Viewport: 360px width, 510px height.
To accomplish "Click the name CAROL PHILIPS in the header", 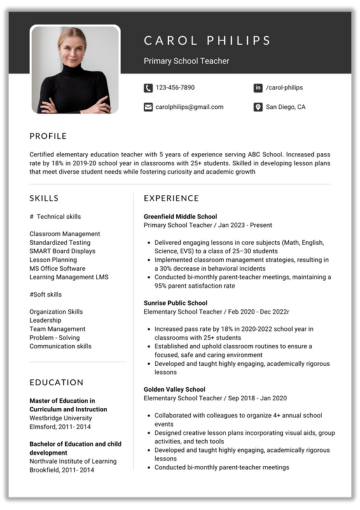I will coord(207,40).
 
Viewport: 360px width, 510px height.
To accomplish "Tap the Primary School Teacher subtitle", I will coord(187,62).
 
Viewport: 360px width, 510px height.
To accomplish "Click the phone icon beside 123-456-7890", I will coord(148,88).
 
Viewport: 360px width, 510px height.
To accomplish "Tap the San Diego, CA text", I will coord(286,106).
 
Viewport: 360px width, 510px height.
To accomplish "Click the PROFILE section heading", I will coord(48,136).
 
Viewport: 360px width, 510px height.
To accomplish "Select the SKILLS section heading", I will coord(44,198).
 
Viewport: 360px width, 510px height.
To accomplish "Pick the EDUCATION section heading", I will coord(56,382).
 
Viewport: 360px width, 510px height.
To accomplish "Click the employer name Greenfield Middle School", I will coord(180,216).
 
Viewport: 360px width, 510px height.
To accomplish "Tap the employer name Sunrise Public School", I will coord(175,302).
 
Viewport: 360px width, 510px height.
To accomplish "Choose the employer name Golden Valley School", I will coord(175,388).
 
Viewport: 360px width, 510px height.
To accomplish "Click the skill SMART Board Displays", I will coord(62,251).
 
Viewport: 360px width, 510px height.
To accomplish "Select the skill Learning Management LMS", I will coord(68,277).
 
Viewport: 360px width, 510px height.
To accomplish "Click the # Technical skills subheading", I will coord(55,216).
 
